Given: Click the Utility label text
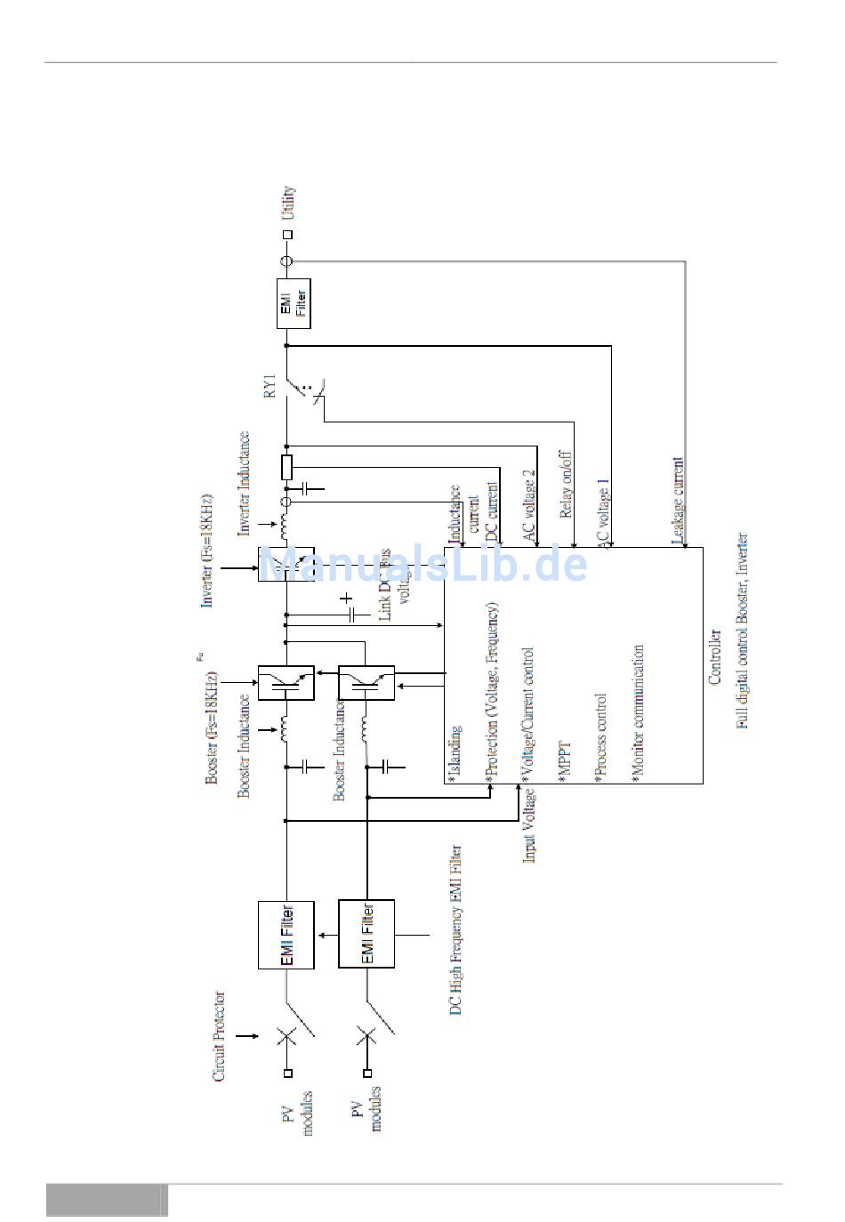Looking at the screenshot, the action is [287, 203].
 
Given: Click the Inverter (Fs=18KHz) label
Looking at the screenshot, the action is [206, 549].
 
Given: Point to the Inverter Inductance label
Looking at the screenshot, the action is [244, 483].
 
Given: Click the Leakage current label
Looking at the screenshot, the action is [678, 500].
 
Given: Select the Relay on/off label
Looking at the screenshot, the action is [566, 485].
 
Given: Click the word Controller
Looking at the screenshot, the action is [714, 656].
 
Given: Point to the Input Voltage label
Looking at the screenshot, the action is [529, 824].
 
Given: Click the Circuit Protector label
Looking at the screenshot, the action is [219, 1036].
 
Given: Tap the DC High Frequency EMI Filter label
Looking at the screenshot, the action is [455, 930].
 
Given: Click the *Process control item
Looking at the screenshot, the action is [600, 737].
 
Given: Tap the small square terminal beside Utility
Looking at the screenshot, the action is [286, 235].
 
